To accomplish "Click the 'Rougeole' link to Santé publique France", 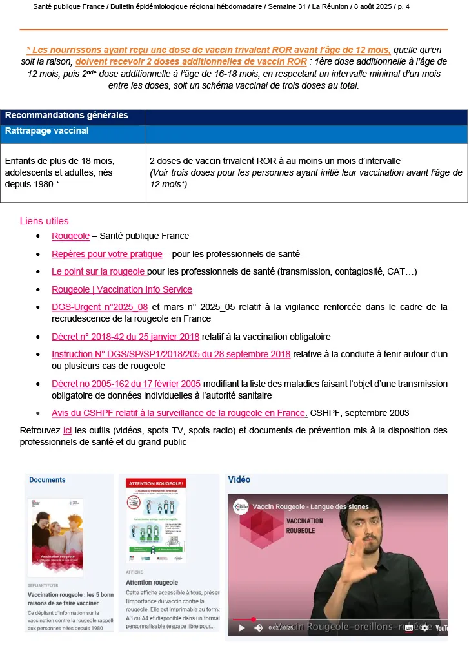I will point(70,236).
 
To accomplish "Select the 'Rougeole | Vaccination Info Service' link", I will point(121,289).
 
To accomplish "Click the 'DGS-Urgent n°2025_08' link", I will point(100,307).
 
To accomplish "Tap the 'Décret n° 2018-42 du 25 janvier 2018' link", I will point(126,337).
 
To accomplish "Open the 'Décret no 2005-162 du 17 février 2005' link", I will point(126,384).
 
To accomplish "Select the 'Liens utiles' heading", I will point(44,221).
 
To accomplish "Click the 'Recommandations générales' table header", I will point(66,116).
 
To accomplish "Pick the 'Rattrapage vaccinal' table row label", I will point(47,130).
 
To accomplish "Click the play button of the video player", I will point(243,627).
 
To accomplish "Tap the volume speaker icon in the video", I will point(258,627).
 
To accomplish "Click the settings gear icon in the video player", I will point(424,627).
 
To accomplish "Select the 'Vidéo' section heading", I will point(239,480).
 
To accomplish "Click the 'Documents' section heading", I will point(47,480).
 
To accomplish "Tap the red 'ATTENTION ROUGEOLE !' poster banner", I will point(157,483).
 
